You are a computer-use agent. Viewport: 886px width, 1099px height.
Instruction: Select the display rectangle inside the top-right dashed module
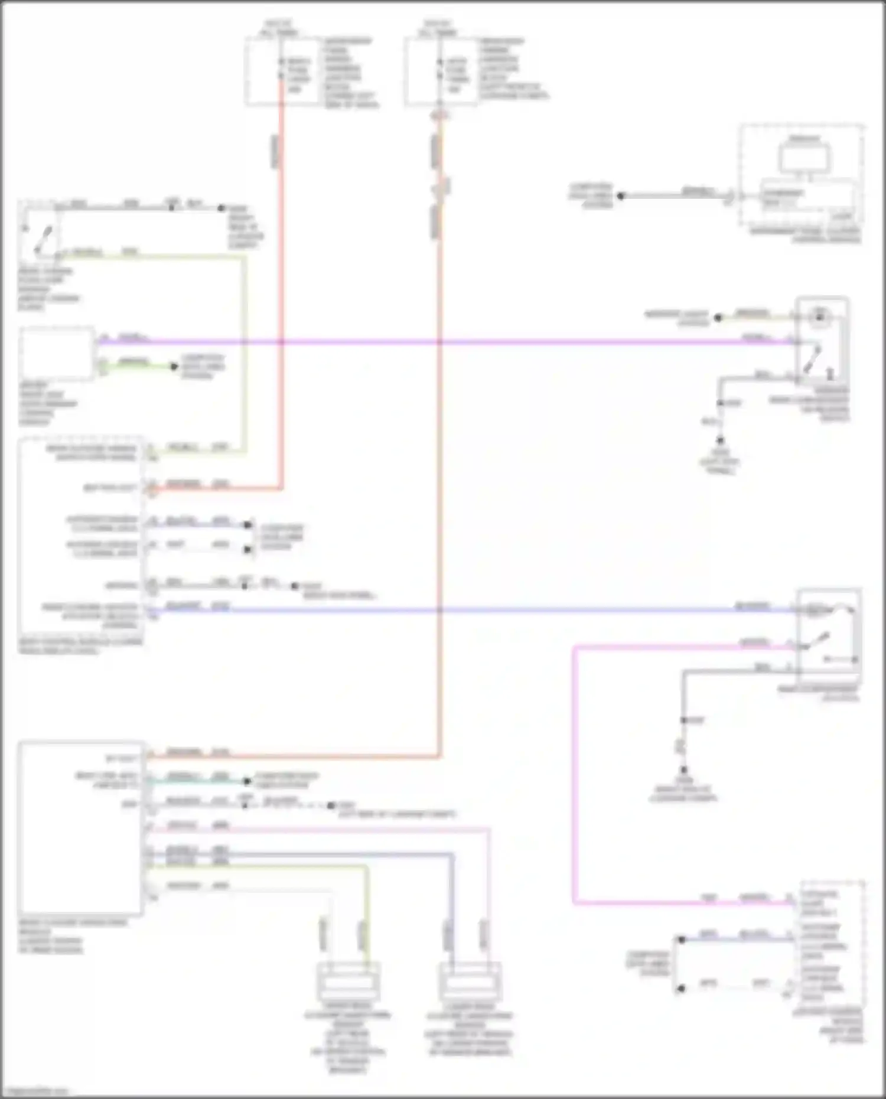coord(804,157)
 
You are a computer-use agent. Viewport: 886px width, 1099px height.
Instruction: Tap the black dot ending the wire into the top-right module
coord(621,196)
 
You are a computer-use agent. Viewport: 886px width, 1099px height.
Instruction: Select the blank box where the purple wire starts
coord(57,353)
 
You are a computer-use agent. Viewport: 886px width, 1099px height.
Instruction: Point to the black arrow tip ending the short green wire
coord(174,367)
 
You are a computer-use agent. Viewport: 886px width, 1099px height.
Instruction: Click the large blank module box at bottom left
coord(81,827)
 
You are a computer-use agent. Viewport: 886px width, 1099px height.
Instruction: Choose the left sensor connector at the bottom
coord(348,981)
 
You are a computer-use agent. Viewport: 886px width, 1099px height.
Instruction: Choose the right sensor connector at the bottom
coord(470,981)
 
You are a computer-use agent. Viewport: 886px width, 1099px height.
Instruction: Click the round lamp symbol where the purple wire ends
coord(819,317)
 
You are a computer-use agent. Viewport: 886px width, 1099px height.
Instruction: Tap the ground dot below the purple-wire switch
coord(720,441)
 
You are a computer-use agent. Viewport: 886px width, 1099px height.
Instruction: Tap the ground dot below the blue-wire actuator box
coord(683,770)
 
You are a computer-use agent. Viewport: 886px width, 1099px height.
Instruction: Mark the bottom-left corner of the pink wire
coord(574,902)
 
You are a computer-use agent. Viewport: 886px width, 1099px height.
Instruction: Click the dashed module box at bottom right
coord(832,944)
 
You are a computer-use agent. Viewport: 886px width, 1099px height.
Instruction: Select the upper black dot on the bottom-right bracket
coord(681,940)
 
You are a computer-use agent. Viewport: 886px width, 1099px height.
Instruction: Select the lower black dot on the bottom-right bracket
coord(681,988)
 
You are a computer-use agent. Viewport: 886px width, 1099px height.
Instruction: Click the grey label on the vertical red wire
coord(275,151)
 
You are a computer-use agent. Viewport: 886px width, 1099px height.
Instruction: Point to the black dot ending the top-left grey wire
coord(221,208)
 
